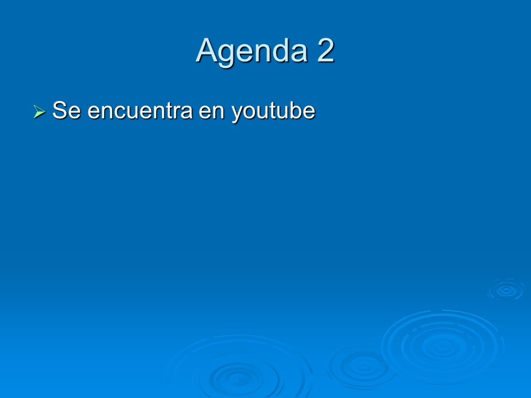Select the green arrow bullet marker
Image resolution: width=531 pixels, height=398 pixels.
point(39,112)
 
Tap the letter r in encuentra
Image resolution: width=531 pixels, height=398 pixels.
point(177,112)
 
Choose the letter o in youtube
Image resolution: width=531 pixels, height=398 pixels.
point(248,112)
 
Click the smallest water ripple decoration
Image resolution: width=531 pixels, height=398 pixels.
point(506,290)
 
